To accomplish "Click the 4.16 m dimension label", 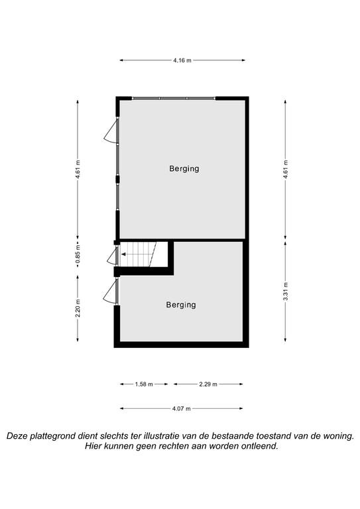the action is [182, 60].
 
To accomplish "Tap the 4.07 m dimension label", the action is [182, 409].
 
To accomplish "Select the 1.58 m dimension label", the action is [144, 384].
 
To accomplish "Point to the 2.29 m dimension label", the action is [208, 384].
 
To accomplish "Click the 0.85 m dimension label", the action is [78, 254].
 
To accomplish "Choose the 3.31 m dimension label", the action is [286, 292].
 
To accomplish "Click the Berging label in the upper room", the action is [184, 169].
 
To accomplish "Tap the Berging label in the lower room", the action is [181, 305].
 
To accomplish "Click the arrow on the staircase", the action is [123, 254].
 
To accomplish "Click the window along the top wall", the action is [174, 98].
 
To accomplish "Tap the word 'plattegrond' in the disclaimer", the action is [51, 436].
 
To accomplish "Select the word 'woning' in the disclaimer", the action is [337, 436].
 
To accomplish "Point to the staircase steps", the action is [139, 254].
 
